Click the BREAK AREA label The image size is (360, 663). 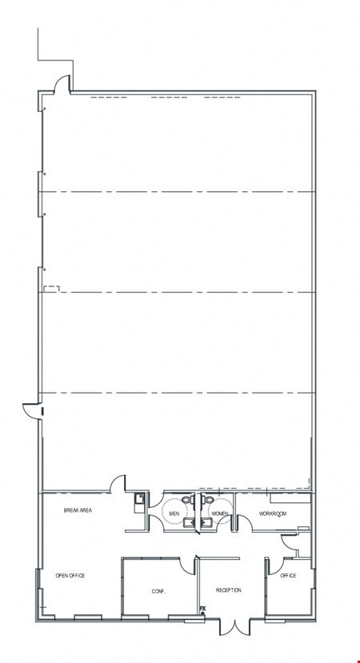click(x=78, y=510)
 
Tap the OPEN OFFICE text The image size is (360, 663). click(x=70, y=576)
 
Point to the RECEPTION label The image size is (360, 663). click(x=229, y=590)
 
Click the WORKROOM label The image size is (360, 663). click(x=273, y=513)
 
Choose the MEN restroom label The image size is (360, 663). click(x=174, y=513)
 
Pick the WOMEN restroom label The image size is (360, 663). click(x=220, y=513)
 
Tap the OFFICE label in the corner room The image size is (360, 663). click(x=288, y=576)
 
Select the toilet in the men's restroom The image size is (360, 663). click(x=187, y=499)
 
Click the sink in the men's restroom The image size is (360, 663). click(x=189, y=523)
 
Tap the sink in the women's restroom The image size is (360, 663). click(x=206, y=523)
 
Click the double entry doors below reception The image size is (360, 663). click(x=234, y=627)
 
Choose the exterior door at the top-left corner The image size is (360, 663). click(x=62, y=83)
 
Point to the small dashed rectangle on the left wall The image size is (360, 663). click(x=52, y=290)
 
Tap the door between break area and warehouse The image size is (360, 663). click(x=118, y=484)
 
